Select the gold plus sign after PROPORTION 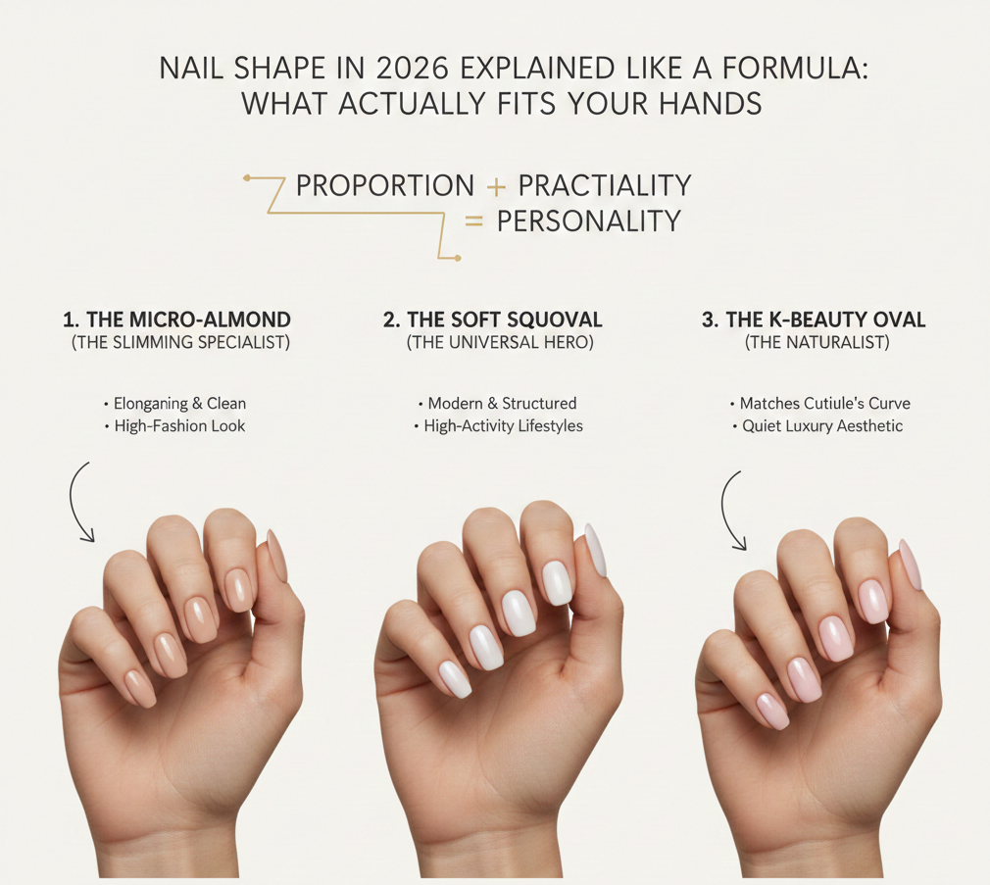click(x=496, y=186)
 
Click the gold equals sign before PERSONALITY click(x=473, y=222)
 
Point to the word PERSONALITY click(x=588, y=221)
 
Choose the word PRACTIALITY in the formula click(x=605, y=185)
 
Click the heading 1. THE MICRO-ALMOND click(x=176, y=320)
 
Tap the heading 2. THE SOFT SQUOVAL click(x=493, y=320)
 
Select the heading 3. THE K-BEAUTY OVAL click(x=814, y=320)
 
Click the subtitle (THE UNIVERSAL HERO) click(x=500, y=342)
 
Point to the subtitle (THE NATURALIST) click(x=817, y=342)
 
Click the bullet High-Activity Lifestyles click(x=499, y=426)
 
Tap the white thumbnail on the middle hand click(x=596, y=550)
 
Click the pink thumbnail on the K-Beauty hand click(x=911, y=564)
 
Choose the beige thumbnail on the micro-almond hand click(x=277, y=556)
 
